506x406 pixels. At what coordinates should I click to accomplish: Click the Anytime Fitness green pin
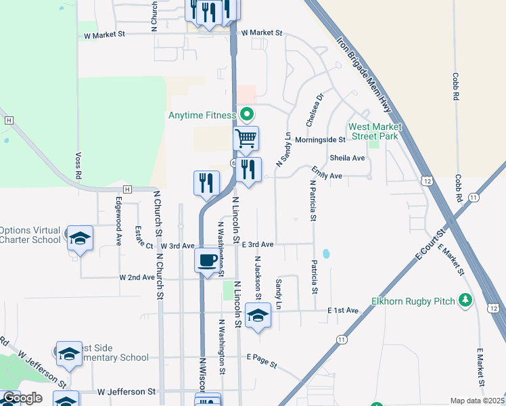click(x=247, y=114)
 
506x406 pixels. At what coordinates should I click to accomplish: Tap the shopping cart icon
click(x=246, y=139)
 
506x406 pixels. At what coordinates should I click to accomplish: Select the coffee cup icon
click(x=208, y=260)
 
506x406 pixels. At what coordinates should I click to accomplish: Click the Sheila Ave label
click(x=347, y=158)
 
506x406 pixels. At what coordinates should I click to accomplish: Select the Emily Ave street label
click(x=327, y=175)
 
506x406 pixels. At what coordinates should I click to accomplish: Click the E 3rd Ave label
click(x=257, y=244)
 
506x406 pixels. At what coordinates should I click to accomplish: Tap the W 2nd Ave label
click(x=137, y=277)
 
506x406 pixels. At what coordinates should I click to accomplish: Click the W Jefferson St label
click(x=127, y=392)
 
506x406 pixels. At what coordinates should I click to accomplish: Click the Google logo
click(x=22, y=398)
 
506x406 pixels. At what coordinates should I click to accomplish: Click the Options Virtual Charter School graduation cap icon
click(x=80, y=238)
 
